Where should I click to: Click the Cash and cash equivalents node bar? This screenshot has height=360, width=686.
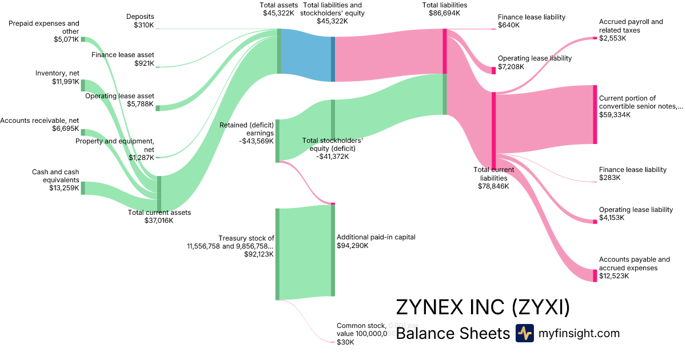point(83,188)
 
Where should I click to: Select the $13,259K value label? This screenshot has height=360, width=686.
point(64,187)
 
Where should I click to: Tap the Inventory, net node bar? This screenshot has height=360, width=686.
point(83,86)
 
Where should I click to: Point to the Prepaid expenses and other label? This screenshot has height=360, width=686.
point(44,27)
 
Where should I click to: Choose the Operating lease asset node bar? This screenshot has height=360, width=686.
point(158,108)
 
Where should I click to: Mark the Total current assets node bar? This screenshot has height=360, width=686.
point(159,194)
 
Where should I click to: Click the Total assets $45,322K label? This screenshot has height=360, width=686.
point(279,9)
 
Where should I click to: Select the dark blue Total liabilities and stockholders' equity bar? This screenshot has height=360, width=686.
point(333,54)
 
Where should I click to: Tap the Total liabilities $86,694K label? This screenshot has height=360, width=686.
point(444,9)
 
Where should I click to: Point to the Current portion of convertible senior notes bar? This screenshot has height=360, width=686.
point(595,114)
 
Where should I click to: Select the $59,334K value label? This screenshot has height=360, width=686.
point(615,115)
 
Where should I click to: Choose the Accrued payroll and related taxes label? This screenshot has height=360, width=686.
point(631,26)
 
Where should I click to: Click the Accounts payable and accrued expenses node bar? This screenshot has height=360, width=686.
point(595,275)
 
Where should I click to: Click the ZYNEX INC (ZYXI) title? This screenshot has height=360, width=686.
point(483,307)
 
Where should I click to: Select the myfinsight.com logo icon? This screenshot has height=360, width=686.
point(524,333)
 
